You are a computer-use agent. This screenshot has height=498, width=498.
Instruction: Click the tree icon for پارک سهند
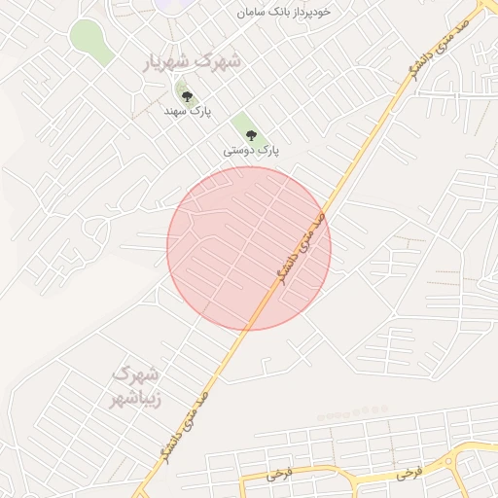187,95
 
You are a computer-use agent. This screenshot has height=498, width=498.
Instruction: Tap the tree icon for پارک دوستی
252,134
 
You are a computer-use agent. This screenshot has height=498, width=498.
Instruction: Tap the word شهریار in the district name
163,64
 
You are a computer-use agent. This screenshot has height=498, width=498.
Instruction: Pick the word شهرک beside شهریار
217,60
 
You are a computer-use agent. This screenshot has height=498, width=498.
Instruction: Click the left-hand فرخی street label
279,474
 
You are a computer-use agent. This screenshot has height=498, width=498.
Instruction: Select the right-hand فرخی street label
409,474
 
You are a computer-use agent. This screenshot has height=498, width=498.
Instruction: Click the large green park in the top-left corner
89,42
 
